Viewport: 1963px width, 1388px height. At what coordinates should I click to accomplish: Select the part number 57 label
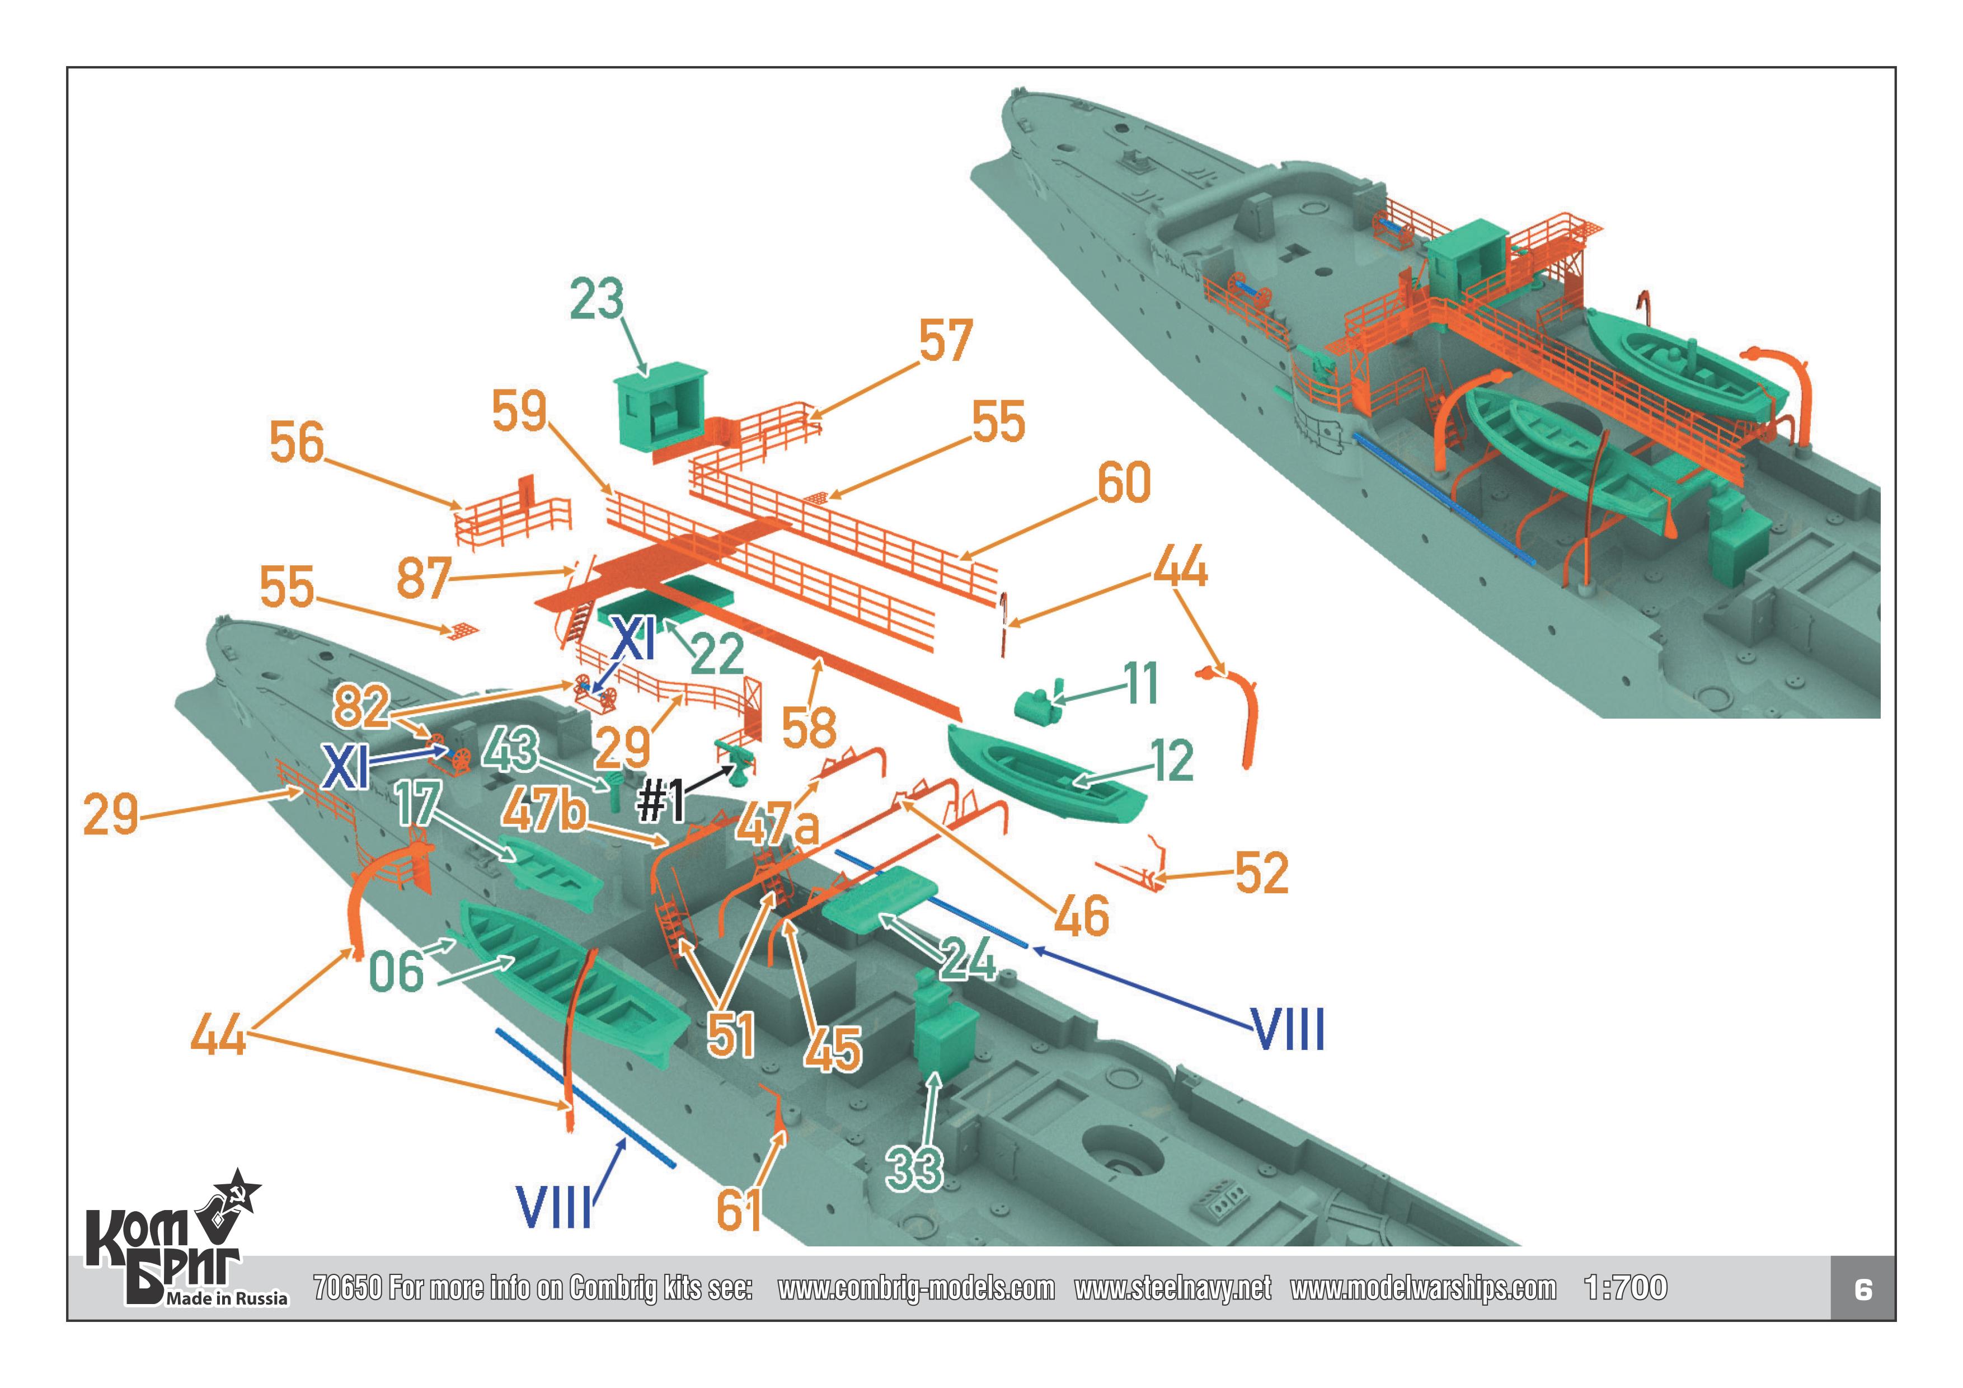[x=946, y=340]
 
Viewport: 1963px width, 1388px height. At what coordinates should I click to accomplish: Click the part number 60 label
[x=1124, y=482]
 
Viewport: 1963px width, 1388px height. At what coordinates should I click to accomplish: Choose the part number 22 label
[x=716, y=655]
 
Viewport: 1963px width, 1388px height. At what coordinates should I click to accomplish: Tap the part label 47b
[x=544, y=810]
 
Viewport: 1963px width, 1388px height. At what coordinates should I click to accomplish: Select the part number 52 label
[x=1261, y=873]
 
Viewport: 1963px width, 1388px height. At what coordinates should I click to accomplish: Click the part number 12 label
[x=1172, y=760]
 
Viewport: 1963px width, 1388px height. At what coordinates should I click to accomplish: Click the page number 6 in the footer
[x=1864, y=1289]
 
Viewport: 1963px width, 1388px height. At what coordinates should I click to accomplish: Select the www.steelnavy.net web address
[x=1172, y=1288]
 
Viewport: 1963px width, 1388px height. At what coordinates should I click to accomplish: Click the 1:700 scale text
[x=1624, y=1287]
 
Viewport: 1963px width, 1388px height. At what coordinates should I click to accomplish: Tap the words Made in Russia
[x=227, y=1298]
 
